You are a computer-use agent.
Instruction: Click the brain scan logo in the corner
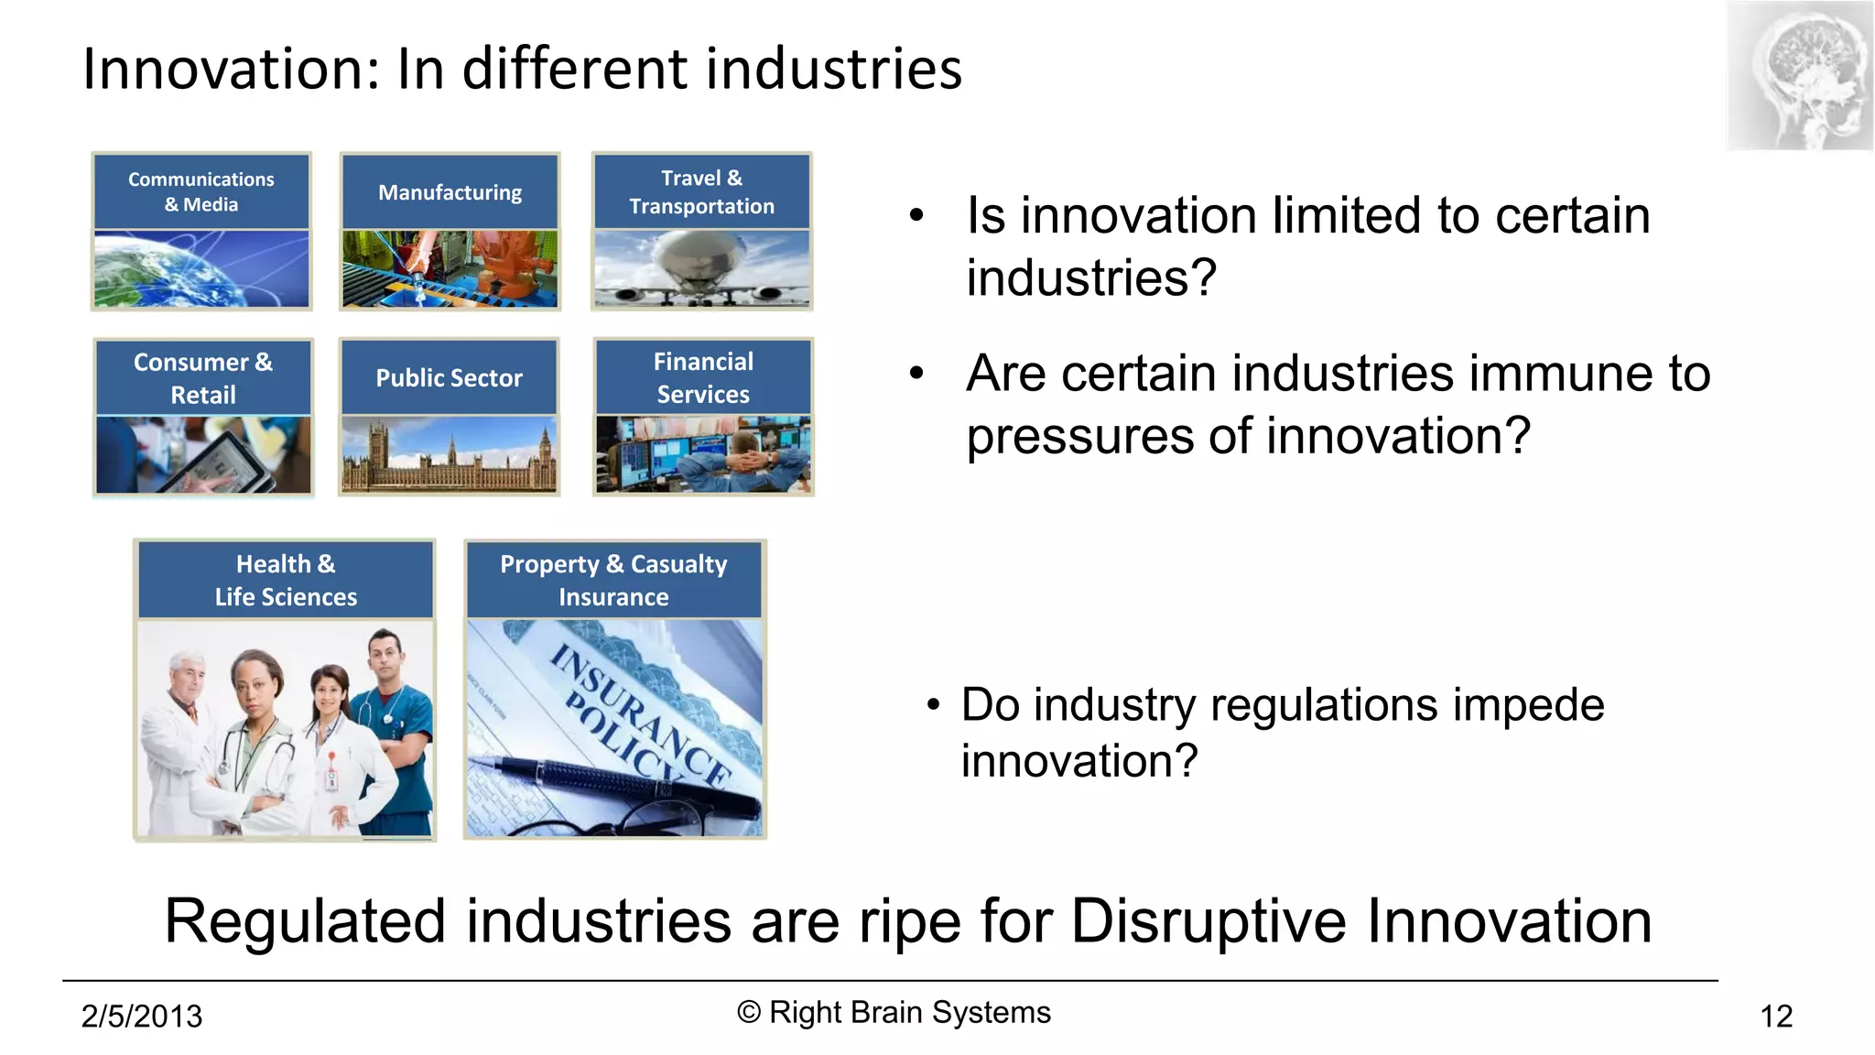(x=1800, y=76)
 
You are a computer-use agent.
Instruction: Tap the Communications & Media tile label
(x=201, y=191)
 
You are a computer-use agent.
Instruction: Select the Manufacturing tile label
(x=450, y=192)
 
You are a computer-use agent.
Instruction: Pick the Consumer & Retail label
(x=203, y=378)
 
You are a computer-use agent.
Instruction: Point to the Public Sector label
(x=449, y=377)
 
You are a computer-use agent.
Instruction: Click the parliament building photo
(x=449, y=455)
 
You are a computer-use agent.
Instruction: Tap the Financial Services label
(x=703, y=377)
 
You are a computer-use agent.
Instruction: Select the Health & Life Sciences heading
(x=286, y=580)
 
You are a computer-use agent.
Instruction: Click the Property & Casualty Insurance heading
(x=613, y=580)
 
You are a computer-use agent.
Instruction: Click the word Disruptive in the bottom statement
(x=1208, y=920)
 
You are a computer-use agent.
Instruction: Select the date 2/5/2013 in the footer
(x=142, y=1017)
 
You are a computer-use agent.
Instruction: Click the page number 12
(x=1776, y=1017)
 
